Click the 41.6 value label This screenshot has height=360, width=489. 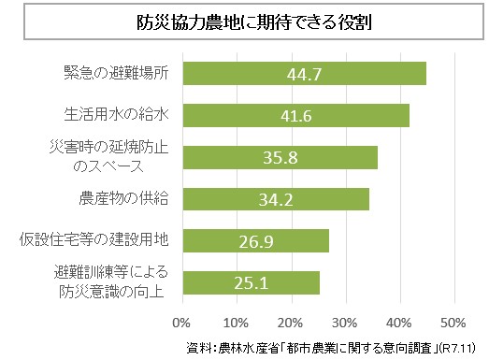pos(295,116)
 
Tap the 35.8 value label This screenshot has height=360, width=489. pos(280,157)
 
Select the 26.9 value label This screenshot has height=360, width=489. pos(255,240)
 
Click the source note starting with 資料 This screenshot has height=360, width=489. pos(332,348)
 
